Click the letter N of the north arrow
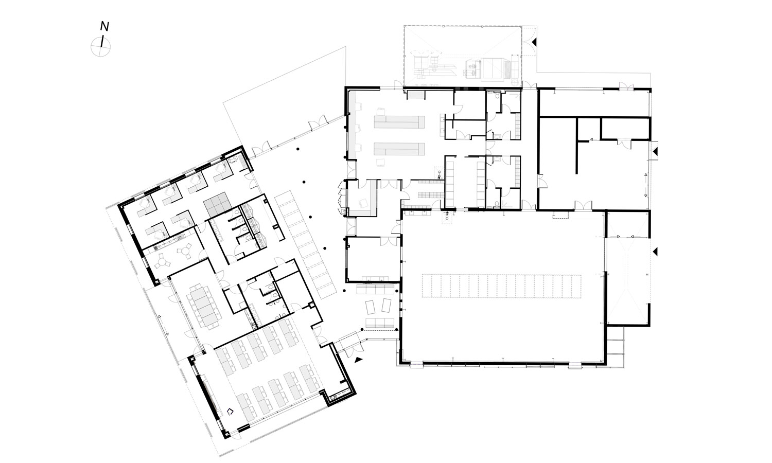(x=105, y=27)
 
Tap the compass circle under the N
(x=101, y=46)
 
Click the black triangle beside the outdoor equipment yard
(x=535, y=42)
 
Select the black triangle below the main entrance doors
(x=359, y=359)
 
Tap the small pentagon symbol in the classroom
(x=230, y=411)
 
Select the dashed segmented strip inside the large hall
(x=501, y=286)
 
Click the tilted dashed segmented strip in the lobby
(x=305, y=244)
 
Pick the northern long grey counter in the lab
(x=399, y=122)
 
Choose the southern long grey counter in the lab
(x=399, y=149)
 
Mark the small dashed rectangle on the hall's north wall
(x=560, y=216)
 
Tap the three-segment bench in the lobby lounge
(x=379, y=323)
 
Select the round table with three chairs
(x=162, y=261)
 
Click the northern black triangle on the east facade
(x=655, y=151)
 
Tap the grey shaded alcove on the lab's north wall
(x=416, y=94)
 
